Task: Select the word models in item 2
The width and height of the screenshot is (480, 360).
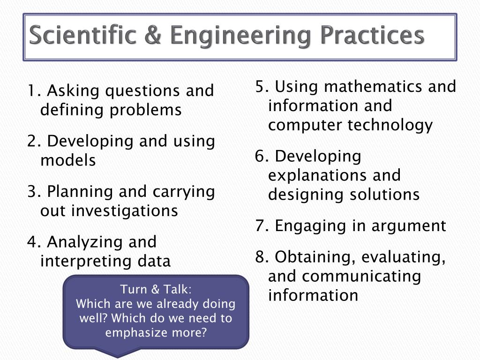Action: point(68,161)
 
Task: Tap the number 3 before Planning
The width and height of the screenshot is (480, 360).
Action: point(31,192)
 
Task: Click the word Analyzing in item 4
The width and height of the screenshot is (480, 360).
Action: point(78,242)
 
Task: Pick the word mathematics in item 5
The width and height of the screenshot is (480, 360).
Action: point(375,87)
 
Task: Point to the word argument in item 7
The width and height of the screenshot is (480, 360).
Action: point(409,226)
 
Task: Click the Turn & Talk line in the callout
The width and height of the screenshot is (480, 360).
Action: point(156,289)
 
